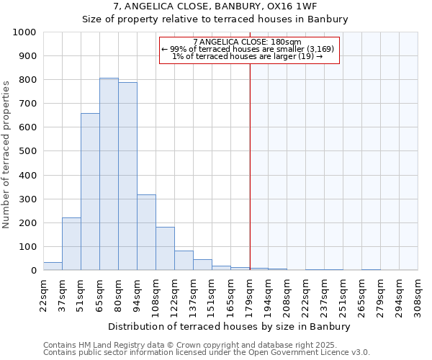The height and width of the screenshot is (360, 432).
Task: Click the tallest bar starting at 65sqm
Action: point(109,174)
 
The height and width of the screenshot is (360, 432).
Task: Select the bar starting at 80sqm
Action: point(127,176)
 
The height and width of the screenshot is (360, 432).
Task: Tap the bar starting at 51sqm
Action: point(90,192)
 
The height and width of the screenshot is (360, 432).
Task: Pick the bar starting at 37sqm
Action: point(71,244)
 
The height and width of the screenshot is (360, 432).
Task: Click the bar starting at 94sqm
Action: point(146,233)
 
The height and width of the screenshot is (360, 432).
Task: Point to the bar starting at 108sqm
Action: point(165,248)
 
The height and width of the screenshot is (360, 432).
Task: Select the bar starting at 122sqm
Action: point(184,261)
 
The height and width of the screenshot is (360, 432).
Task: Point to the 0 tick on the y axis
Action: point(33,271)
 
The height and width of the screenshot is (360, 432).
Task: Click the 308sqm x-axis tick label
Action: point(418,294)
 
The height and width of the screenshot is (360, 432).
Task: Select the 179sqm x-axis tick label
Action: point(249,294)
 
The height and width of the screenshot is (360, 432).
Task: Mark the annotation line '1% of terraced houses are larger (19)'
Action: point(248,56)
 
